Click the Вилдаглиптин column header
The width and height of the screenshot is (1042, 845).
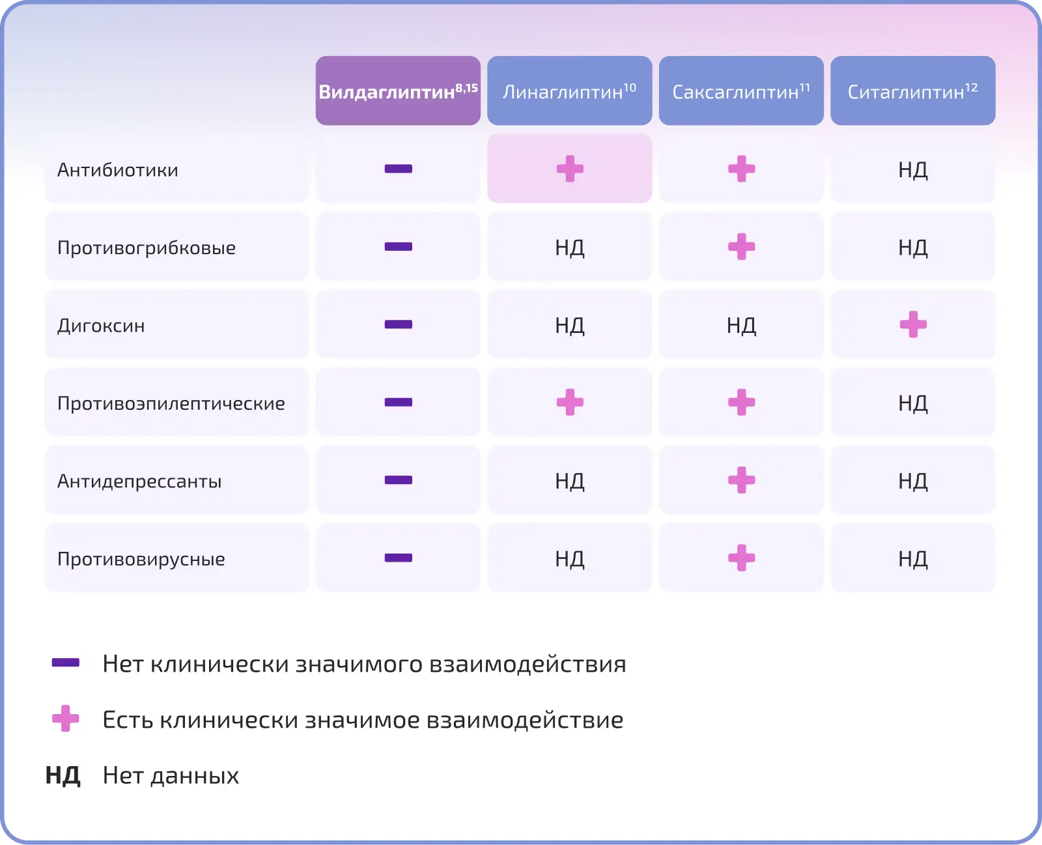pyautogui.click(x=398, y=91)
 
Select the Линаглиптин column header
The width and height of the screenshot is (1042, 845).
pyautogui.click(x=569, y=91)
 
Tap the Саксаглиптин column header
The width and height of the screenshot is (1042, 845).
pyautogui.click(x=741, y=91)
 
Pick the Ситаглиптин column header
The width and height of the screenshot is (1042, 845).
pyautogui.click(x=913, y=91)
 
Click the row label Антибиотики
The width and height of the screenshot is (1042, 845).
pyautogui.click(x=118, y=170)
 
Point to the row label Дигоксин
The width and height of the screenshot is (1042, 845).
pyautogui.click(x=101, y=326)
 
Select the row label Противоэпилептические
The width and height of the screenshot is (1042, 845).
pyautogui.click(x=171, y=403)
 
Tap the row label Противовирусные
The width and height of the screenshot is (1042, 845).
pyautogui.click(x=141, y=559)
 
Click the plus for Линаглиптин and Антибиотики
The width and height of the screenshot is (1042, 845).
pyautogui.click(x=570, y=169)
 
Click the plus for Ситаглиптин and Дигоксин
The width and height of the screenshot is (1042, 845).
pyautogui.click(x=913, y=324)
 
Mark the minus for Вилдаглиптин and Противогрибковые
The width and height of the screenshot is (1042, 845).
pyautogui.click(x=398, y=247)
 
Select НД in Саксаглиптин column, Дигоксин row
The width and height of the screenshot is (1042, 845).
pyautogui.click(x=741, y=325)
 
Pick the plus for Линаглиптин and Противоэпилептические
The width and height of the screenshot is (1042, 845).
pyautogui.click(x=570, y=402)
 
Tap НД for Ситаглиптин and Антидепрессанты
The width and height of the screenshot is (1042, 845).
pyautogui.click(x=913, y=481)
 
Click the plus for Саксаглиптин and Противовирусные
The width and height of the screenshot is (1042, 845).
pyautogui.click(x=742, y=558)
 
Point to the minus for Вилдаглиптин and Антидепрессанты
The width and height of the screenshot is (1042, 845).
pyautogui.click(x=398, y=480)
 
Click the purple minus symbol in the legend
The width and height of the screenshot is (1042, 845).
pyautogui.click(x=66, y=663)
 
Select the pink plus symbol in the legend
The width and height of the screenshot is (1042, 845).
pyautogui.click(x=66, y=718)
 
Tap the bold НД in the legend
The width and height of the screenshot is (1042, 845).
pyautogui.click(x=63, y=775)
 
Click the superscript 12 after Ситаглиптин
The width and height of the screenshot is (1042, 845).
pyautogui.click(x=972, y=87)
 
